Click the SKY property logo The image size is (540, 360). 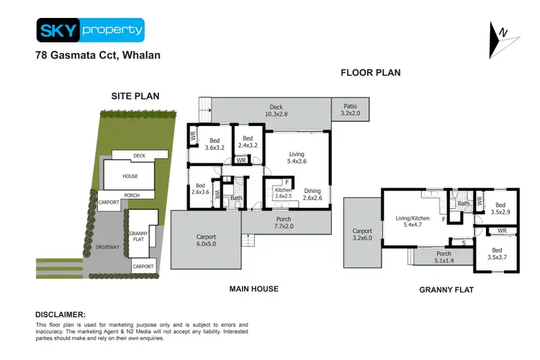[90, 30]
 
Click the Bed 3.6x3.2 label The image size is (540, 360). [214, 145]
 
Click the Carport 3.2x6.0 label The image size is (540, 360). [361, 235]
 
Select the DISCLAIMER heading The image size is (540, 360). [60, 315]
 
